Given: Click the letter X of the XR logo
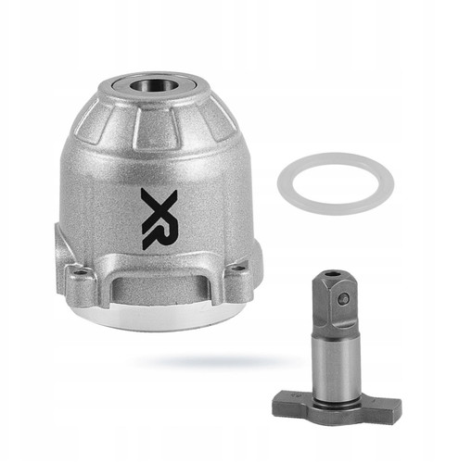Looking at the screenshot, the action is click(159, 203).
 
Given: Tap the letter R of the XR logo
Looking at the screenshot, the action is click(160, 231).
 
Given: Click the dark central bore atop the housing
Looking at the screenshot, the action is click(146, 84).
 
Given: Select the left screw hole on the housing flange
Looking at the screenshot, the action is click(83, 273).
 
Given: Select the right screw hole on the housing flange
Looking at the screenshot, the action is click(236, 268).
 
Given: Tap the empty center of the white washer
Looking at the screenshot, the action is click(336, 183).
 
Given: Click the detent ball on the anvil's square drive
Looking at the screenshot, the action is click(343, 298).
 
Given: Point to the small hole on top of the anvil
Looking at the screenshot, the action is click(333, 273).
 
